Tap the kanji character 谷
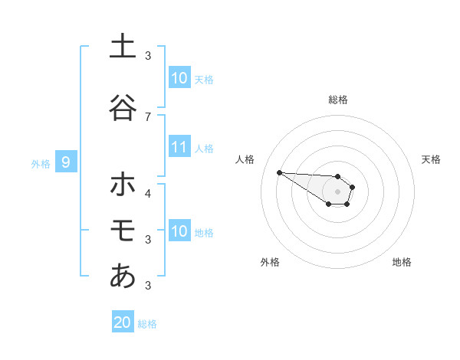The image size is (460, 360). (x=122, y=107)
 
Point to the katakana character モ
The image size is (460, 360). (x=122, y=230)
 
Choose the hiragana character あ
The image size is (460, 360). (x=122, y=276)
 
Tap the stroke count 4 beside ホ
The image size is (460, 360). (x=148, y=193)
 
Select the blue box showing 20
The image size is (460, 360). (x=123, y=322)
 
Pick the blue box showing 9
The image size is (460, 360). (x=67, y=162)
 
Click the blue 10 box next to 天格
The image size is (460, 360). (x=179, y=78)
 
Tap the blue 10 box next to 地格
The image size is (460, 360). (x=179, y=231)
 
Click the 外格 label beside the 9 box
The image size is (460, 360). (x=41, y=163)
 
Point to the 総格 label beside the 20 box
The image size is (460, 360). (x=147, y=324)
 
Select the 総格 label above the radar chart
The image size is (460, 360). (x=337, y=100)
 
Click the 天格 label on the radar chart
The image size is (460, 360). (x=432, y=159)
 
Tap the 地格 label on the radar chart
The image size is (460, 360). (x=402, y=262)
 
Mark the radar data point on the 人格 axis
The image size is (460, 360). (x=279, y=172)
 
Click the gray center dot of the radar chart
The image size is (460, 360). (x=337, y=191)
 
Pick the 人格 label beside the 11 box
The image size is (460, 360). (x=204, y=148)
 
